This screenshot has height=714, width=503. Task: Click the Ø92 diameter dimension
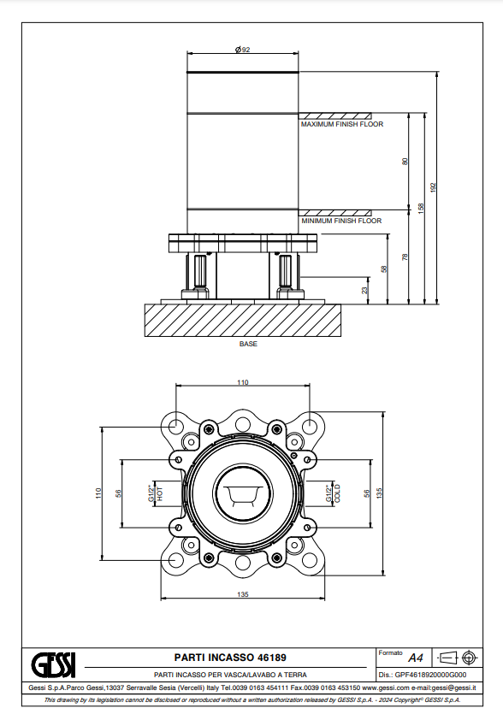pos(242,50)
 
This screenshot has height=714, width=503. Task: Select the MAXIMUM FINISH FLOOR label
pos(342,124)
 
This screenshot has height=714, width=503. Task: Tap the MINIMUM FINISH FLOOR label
pos(341,221)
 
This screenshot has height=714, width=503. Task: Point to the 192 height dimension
pos(434,187)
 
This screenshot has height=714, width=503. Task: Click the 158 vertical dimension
pos(421,209)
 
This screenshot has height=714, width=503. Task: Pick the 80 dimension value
pos(405,162)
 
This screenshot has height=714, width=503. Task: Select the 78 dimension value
pos(405,257)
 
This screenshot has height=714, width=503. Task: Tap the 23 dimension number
pos(364,290)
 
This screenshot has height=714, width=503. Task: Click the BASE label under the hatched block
pos(248,344)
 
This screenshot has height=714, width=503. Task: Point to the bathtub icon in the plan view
pos(243,493)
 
